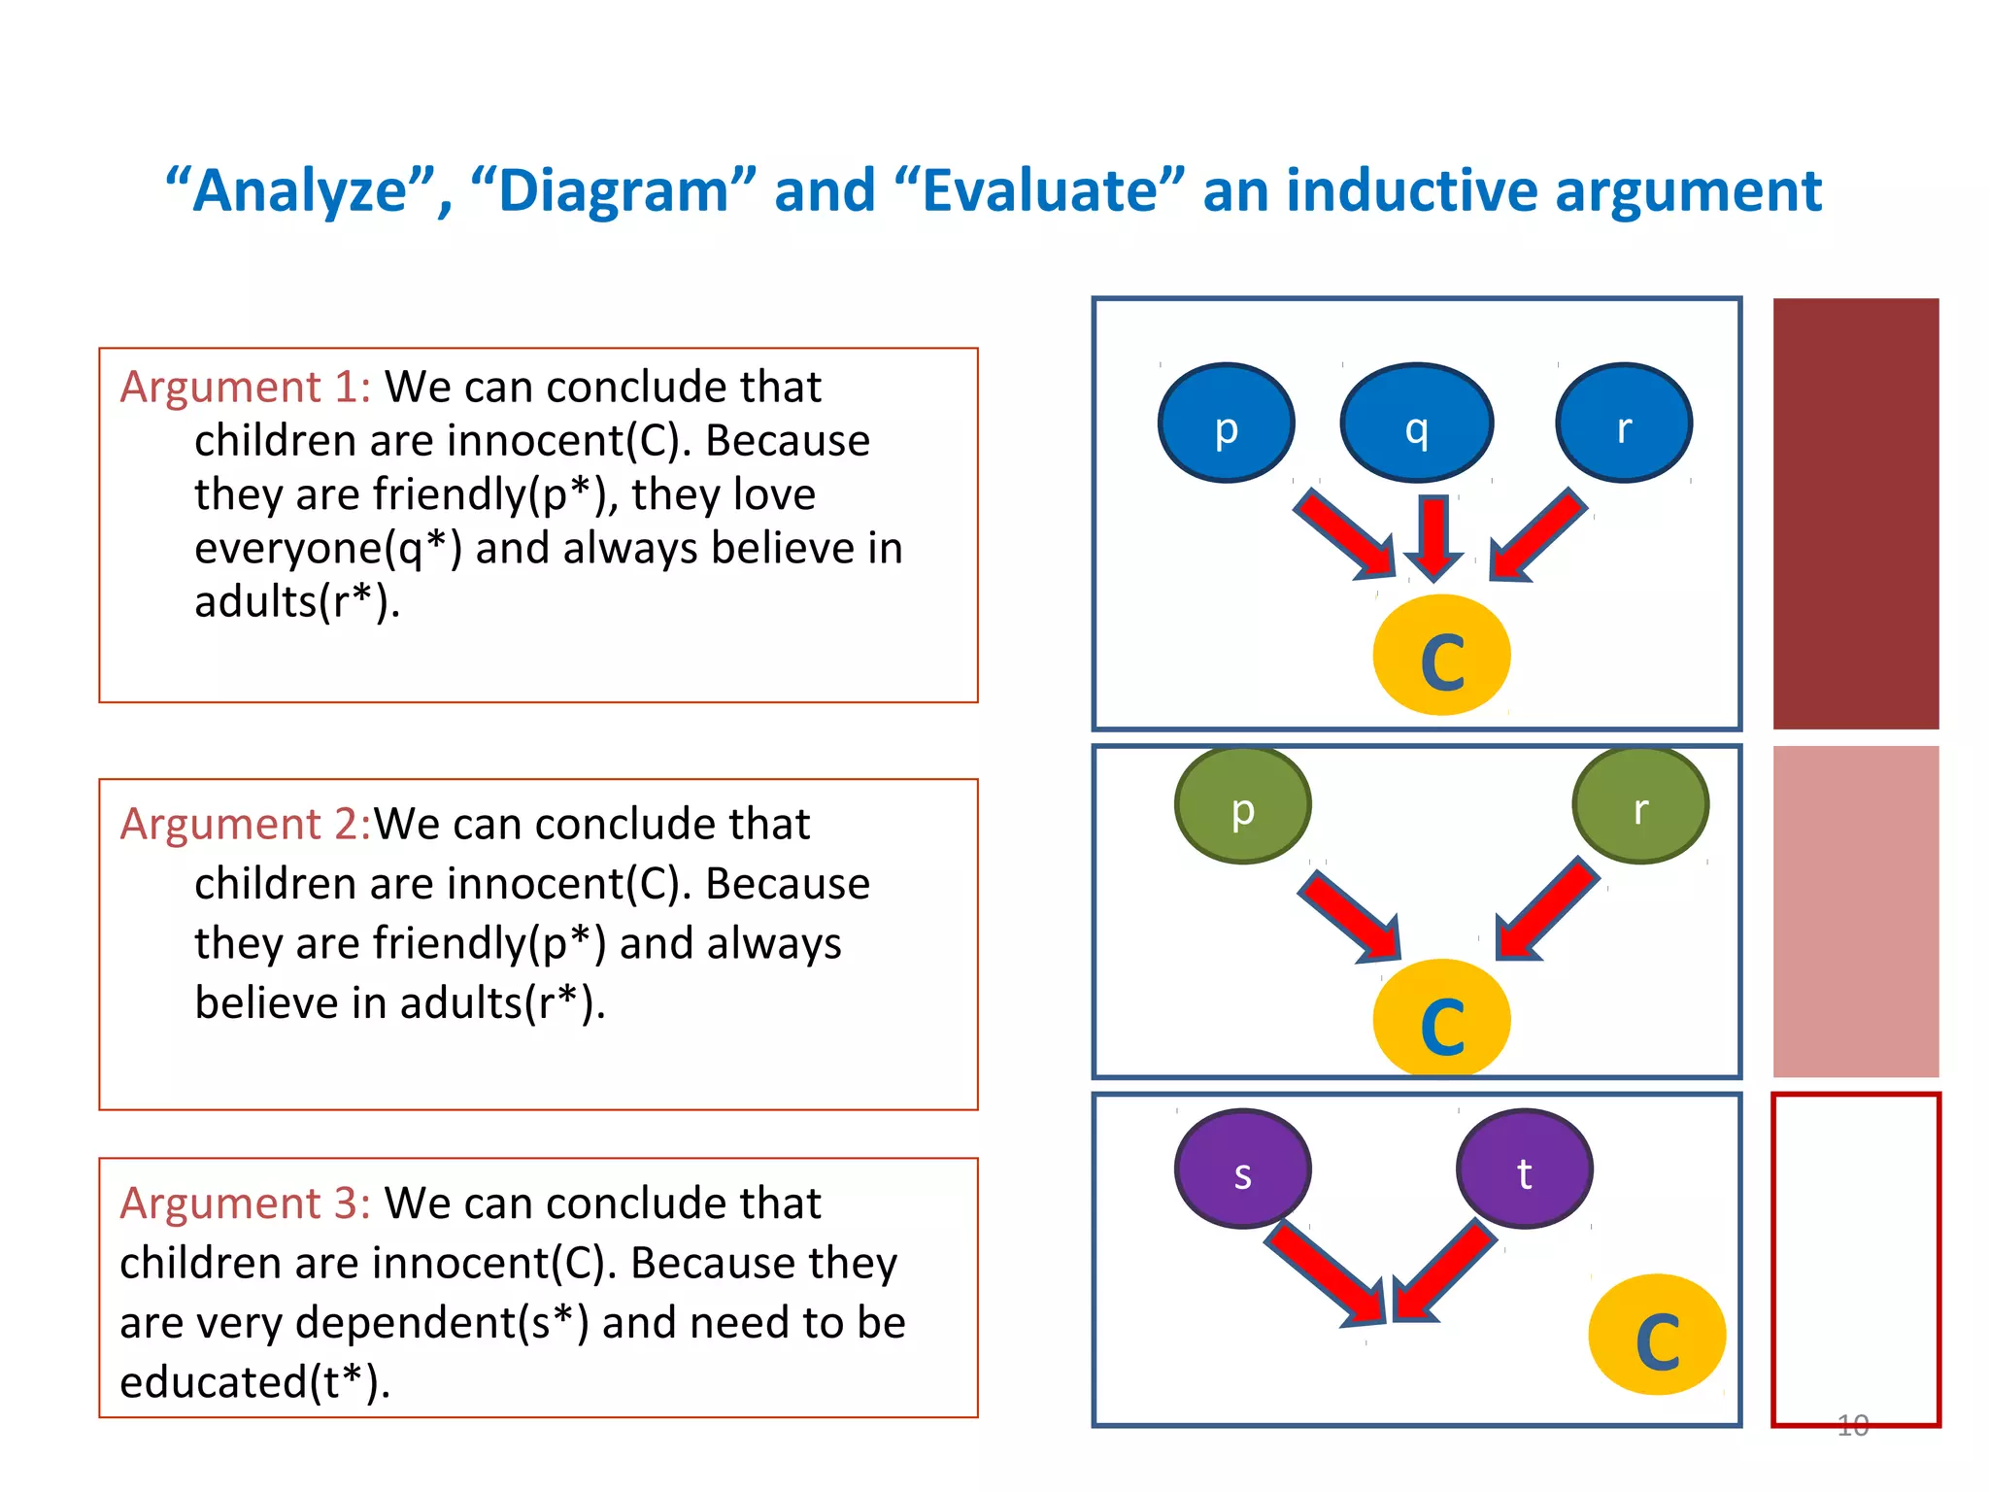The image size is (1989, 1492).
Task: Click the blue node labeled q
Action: [x=1416, y=423]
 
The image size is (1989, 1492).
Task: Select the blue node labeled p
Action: [x=1226, y=423]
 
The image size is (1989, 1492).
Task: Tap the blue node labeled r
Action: [x=1624, y=423]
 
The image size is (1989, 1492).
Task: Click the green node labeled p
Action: [x=1242, y=805]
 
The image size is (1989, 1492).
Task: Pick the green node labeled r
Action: [x=1640, y=805]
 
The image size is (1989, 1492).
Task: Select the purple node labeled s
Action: [x=1242, y=1169]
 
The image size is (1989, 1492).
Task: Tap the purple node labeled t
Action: [x=1524, y=1169]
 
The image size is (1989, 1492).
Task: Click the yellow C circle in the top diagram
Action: [x=1441, y=656]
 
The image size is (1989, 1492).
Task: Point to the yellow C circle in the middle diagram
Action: [x=1441, y=1018]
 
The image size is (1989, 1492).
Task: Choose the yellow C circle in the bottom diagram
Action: [x=1657, y=1335]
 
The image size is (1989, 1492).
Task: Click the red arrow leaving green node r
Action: [x=1546, y=909]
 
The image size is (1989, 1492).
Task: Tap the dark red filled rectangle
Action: [x=1855, y=514]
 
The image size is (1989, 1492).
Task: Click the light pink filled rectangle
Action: [x=1855, y=911]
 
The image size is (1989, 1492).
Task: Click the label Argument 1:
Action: [x=245, y=387]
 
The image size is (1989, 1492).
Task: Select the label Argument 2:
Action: [x=245, y=824]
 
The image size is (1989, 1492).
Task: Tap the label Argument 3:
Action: [x=245, y=1204]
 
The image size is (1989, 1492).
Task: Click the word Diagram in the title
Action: [x=613, y=190]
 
